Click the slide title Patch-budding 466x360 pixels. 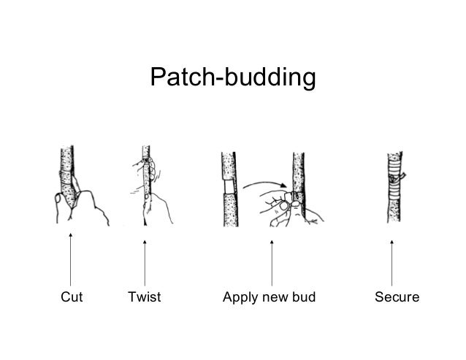pos(232,77)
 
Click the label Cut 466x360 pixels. pos(71,298)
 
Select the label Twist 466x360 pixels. pos(144,298)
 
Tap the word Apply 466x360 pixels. pos(238,299)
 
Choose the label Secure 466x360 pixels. pos(397,298)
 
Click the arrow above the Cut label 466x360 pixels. pos(71,259)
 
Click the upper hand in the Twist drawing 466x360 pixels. pos(144,160)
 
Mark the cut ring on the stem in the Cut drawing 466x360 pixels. pos(69,176)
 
